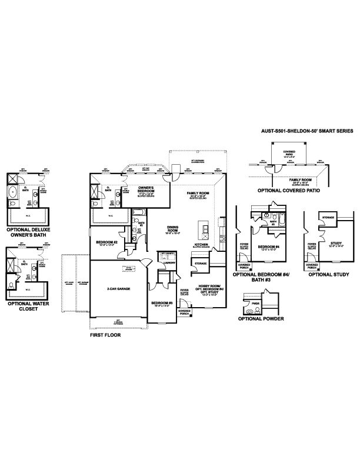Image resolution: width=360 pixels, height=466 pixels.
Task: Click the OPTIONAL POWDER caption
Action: click(x=261, y=318)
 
